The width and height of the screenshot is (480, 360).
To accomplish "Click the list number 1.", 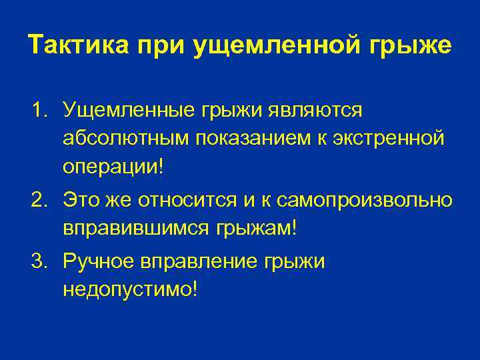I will click(x=37, y=109).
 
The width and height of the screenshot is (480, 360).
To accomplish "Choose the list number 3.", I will click(x=37, y=262).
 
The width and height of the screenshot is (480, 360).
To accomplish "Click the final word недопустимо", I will click(x=130, y=290).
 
